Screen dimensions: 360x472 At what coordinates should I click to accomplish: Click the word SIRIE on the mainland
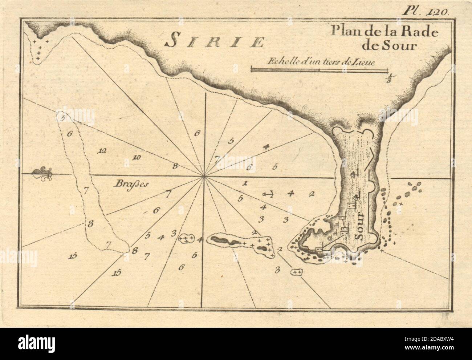[214, 42]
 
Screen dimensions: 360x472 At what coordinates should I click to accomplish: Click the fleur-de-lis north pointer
[42, 174]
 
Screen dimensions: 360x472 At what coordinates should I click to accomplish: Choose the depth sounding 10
[137, 157]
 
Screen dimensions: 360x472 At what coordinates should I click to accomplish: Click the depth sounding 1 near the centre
[245, 183]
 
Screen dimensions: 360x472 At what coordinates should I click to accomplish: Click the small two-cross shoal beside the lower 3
[297, 272]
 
